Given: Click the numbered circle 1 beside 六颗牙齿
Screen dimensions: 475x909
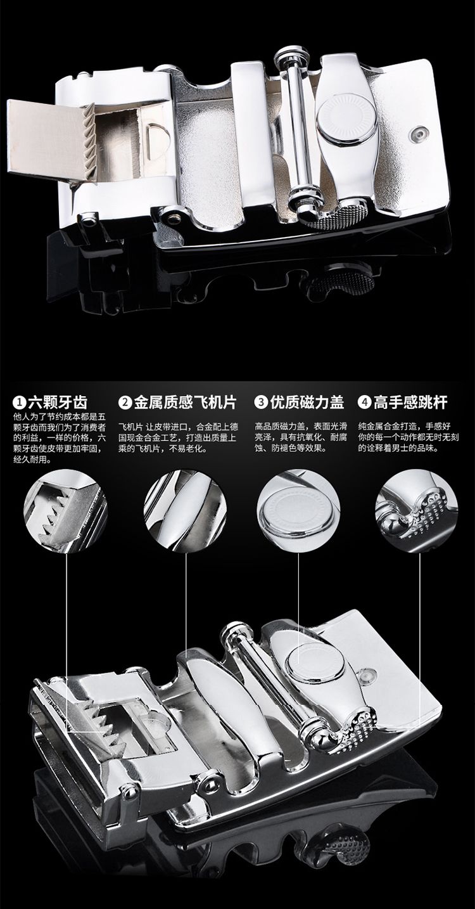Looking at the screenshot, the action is click(20, 403).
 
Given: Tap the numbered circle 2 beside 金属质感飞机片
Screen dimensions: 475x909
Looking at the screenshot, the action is click(125, 403).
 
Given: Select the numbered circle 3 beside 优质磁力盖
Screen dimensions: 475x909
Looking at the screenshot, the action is click(261, 403).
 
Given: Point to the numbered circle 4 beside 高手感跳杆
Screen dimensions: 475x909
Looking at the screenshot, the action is click(364, 403).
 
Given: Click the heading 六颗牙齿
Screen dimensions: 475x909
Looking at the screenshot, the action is click(58, 403).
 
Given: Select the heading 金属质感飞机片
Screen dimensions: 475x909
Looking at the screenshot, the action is click(185, 403).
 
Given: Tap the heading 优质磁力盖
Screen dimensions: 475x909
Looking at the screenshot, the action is click(307, 403).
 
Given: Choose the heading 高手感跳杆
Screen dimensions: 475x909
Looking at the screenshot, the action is click(410, 403).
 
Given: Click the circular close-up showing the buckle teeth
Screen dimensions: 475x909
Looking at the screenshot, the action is click(66, 511).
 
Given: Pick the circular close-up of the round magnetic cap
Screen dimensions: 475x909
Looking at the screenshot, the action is click(298, 511).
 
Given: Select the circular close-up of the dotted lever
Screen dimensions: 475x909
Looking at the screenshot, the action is click(417, 511).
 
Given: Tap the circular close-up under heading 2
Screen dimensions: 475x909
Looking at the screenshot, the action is click(185, 511).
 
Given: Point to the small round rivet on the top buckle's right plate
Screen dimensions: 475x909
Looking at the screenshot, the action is click(418, 132).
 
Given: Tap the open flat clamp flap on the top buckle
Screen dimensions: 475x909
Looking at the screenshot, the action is click(51, 139).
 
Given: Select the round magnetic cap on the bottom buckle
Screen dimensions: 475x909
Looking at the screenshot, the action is click(316, 661).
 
